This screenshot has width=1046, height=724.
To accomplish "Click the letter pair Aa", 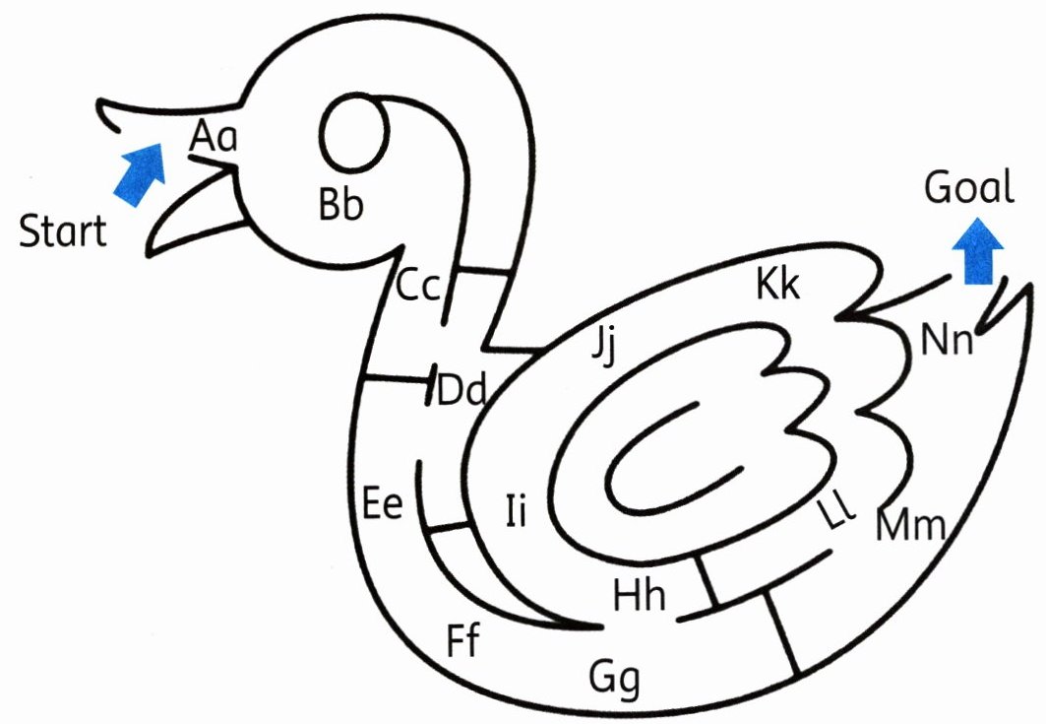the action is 214,136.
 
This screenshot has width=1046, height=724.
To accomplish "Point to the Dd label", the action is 461,390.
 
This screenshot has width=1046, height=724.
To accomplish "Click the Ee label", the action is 383,503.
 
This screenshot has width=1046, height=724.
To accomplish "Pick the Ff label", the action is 462,640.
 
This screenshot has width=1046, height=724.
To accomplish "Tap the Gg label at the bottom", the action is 615,679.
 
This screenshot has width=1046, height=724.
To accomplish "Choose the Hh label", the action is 639,595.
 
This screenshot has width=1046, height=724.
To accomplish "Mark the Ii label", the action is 517,511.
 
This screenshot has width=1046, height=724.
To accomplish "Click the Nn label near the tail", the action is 947,341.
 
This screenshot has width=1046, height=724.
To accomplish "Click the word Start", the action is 63,232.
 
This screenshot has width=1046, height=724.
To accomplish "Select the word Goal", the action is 968,186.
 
